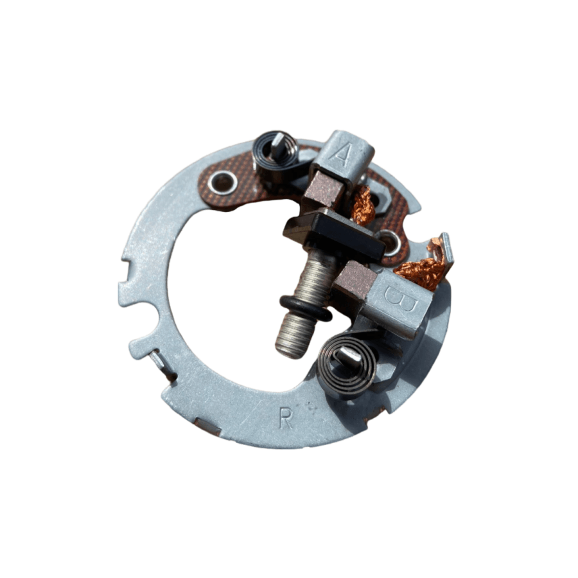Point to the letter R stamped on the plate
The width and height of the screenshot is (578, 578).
pyautogui.click(x=286, y=417)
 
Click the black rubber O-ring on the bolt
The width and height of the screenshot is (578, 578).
pyautogui.click(x=306, y=308)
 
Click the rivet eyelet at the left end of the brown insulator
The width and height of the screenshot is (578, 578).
pyautogui.click(x=223, y=182)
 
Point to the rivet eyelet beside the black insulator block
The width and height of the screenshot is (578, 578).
pyautogui.click(x=392, y=241)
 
